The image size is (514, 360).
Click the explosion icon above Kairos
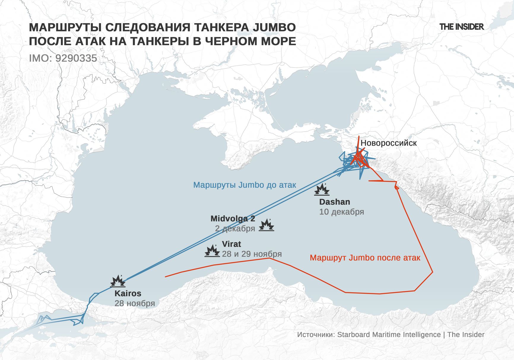pos(118,281)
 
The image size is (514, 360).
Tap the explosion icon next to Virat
pos(212,251)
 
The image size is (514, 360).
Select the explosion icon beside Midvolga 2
pos(266,225)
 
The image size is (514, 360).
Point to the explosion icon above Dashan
pos(322,190)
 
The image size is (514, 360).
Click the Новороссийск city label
pos(388,143)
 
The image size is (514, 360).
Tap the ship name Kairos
pos(128,293)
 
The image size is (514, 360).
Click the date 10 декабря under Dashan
pos(342,212)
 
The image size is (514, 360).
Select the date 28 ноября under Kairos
pos(135,303)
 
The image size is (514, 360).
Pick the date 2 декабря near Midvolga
pos(235,229)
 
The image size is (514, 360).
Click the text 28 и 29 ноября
pos(252,254)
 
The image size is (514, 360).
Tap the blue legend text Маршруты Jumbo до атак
pos(245,185)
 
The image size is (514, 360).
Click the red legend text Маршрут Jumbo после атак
pos(365,258)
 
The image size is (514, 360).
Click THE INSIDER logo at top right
pos(461,27)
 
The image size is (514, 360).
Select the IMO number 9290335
pos(76,58)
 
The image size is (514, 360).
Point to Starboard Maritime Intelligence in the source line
pos(389,335)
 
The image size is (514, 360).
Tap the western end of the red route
pos(166,277)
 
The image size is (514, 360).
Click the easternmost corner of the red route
pos(432,272)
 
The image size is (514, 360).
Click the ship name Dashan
pos(334,202)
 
